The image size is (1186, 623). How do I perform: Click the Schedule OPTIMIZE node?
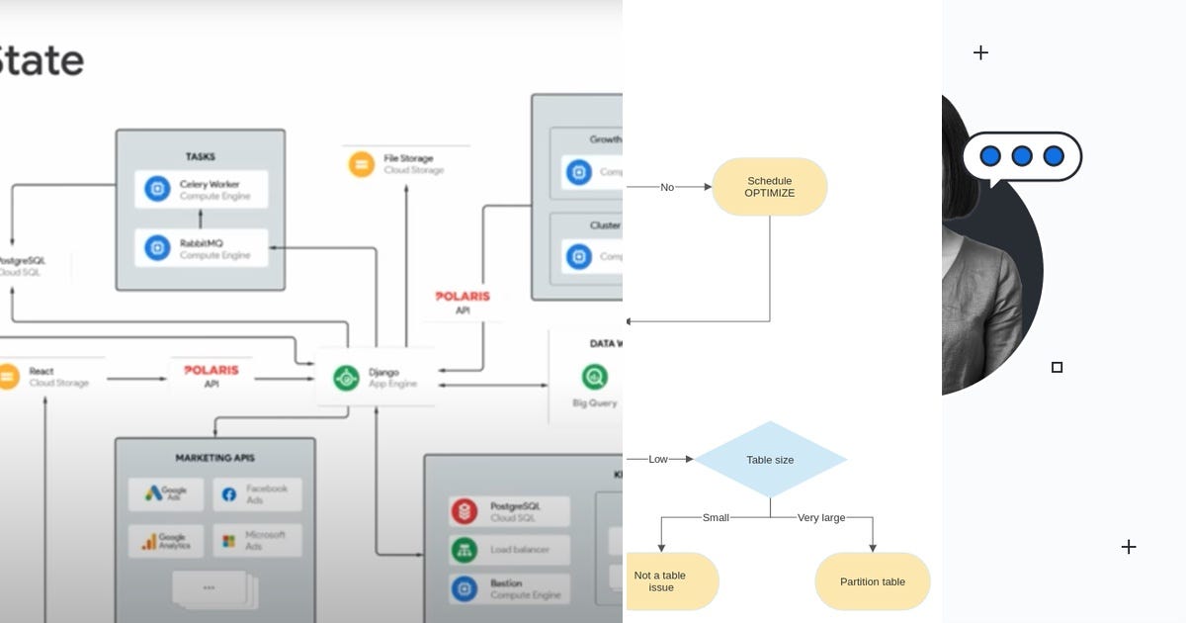coord(769,187)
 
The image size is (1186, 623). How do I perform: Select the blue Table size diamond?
coord(770,459)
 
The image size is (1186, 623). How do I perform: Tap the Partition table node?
coord(872,581)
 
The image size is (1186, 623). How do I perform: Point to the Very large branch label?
coord(820,517)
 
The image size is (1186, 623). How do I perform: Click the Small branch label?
coord(716,517)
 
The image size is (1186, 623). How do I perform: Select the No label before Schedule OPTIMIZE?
coord(667,187)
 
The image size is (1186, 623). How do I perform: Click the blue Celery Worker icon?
coord(157,189)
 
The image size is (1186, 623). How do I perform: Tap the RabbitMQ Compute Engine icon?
coord(157,247)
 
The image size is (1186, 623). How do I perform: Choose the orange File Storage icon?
coord(362,163)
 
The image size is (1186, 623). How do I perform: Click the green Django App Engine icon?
coord(346,378)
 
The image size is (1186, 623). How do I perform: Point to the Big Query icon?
coord(595,376)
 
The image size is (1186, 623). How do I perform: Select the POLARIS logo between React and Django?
coord(212,370)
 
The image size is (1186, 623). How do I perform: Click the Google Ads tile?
coord(166,493)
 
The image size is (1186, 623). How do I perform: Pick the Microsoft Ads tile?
coord(256,541)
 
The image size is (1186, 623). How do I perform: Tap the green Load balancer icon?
coord(465,550)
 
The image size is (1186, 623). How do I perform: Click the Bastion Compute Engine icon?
coord(465,588)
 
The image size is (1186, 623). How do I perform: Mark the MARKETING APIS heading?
coord(214,458)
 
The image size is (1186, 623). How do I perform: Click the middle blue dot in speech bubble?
coord(1022,156)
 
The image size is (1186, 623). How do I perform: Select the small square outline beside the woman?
coord(1057,367)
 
